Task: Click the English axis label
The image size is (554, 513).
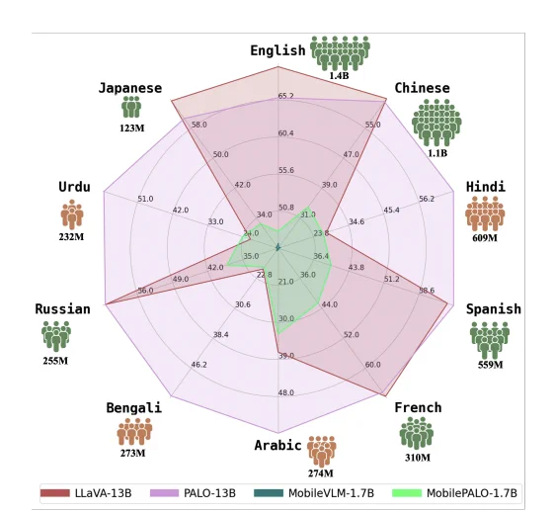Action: (x=277, y=50)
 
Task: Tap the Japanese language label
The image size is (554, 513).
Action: (x=130, y=88)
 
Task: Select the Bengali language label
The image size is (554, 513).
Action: (x=134, y=408)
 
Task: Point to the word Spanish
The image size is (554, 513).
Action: (x=494, y=309)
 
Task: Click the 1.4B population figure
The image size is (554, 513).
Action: (x=339, y=76)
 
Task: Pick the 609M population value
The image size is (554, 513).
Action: (x=485, y=238)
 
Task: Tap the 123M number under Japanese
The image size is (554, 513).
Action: (x=131, y=128)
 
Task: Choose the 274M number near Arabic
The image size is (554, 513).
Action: (x=321, y=473)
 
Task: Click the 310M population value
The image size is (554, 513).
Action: (x=418, y=458)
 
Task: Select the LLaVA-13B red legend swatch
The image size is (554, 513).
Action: (x=55, y=493)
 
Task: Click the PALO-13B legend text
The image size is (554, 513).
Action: (x=209, y=493)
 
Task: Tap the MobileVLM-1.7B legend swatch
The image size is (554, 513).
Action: (x=269, y=493)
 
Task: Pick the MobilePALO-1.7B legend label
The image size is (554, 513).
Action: (x=472, y=493)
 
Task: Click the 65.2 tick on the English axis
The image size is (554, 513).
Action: (x=285, y=96)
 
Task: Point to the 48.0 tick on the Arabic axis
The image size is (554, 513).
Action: (x=285, y=392)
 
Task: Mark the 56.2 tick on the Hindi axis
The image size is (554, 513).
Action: (x=427, y=199)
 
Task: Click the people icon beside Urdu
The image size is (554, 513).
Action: (x=72, y=214)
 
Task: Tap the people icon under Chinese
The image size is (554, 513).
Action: (x=436, y=123)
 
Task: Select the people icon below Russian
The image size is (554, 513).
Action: (x=56, y=337)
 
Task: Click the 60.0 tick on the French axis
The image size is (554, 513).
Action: (x=372, y=365)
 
